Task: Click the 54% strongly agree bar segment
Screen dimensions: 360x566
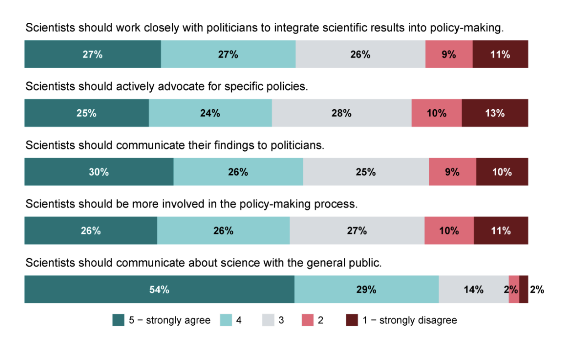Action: pos(159,289)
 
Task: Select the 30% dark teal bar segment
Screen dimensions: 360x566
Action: pos(99,172)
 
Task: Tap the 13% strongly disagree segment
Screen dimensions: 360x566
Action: pos(495,113)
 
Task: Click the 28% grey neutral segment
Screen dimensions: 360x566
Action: pos(342,113)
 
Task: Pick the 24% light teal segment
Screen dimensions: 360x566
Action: pos(210,113)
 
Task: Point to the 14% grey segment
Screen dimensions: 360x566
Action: pos(473,289)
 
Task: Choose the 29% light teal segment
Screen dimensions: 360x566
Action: pos(366,289)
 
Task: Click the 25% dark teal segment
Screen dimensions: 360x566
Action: pos(86,113)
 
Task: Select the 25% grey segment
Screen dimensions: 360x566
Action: pos(366,172)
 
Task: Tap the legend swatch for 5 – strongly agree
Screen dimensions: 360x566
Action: pos(118,320)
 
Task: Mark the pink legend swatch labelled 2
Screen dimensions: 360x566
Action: pos(307,320)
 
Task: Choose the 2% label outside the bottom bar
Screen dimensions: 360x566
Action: pos(537,289)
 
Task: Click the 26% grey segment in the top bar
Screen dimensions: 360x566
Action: pos(360,54)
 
